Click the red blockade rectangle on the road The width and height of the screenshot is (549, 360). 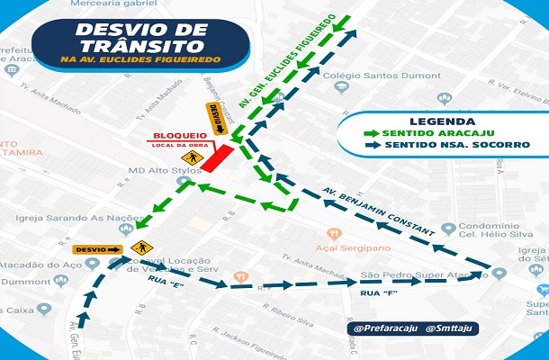click(217, 159)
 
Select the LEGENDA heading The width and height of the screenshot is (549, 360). click(442, 121)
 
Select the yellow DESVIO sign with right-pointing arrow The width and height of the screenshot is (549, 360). click(97, 248)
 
